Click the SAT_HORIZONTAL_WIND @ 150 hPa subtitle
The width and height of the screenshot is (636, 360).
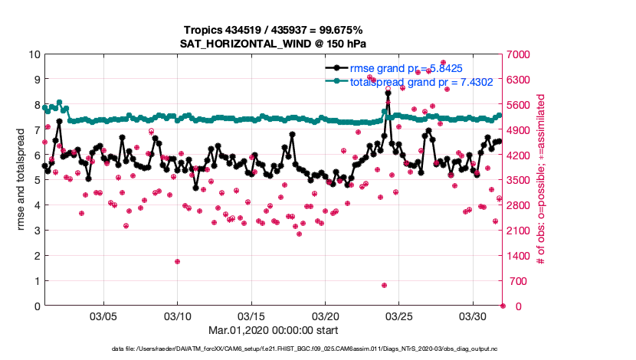pos(274,43)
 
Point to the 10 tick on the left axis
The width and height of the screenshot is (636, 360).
pos(34,54)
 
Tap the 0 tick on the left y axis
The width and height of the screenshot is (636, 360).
pos(37,306)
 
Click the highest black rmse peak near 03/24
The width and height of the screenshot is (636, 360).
pos(388,93)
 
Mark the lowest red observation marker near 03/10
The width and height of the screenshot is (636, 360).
pos(177,261)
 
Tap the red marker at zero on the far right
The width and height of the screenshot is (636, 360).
pos(503,306)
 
